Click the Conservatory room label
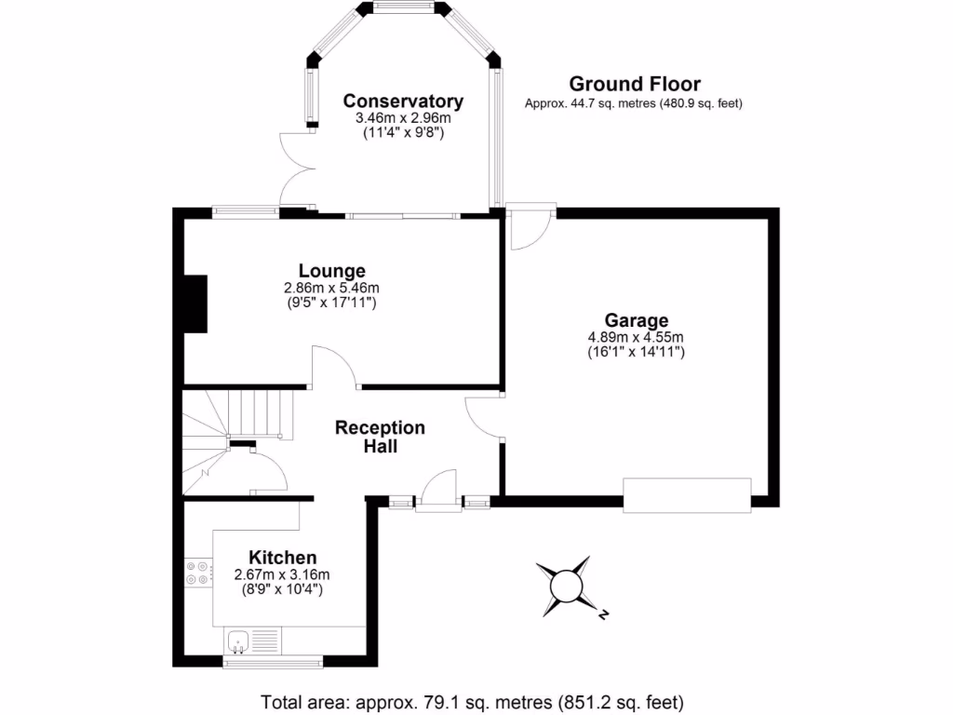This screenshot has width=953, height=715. pyautogui.click(x=403, y=101)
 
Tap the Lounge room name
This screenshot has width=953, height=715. pyautogui.click(x=332, y=272)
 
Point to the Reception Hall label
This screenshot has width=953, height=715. pyautogui.click(x=380, y=437)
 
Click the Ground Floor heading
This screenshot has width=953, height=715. pyautogui.click(x=635, y=85)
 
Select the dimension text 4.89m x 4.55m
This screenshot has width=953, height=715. pyautogui.click(x=636, y=337)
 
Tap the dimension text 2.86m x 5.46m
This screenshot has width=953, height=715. pyautogui.click(x=332, y=288)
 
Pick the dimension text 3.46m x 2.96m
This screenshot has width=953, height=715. pyautogui.click(x=403, y=118)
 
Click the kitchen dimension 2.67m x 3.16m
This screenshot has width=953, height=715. pyautogui.click(x=282, y=574)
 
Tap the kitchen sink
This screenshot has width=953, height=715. pyautogui.click(x=238, y=641)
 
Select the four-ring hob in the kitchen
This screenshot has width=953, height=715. pyautogui.click(x=196, y=573)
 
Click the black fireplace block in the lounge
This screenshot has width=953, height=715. pyautogui.click(x=195, y=304)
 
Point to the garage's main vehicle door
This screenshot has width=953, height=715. pyautogui.click(x=687, y=495)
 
